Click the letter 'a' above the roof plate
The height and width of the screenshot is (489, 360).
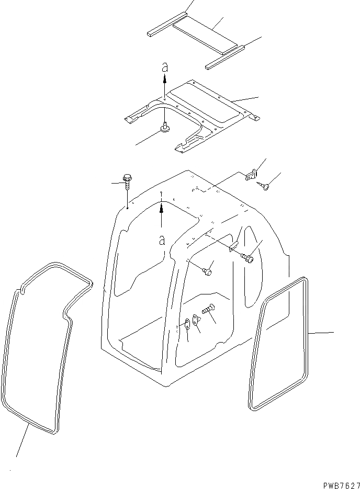click(164, 67)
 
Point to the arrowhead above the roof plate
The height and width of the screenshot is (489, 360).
click(164, 78)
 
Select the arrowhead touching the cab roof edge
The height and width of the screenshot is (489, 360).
click(162, 207)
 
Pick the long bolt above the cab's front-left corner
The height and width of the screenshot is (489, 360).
click(128, 183)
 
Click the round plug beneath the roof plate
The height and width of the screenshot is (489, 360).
click(165, 127)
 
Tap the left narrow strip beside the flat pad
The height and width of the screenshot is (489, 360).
click(166, 25)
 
